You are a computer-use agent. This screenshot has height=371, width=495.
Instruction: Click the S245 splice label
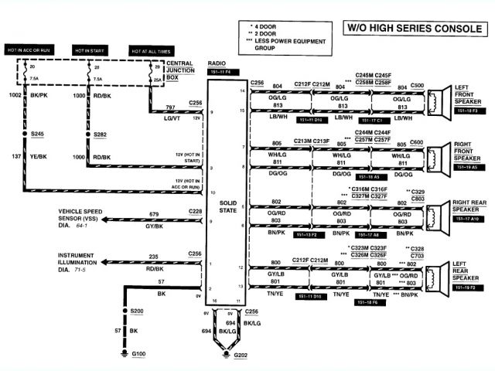(36, 134)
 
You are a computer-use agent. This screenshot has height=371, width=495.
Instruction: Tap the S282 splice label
(100, 134)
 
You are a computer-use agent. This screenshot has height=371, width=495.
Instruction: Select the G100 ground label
(139, 354)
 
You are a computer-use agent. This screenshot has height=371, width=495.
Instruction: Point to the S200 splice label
(137, 310)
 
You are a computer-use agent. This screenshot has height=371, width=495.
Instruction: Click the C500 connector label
(417, 85)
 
